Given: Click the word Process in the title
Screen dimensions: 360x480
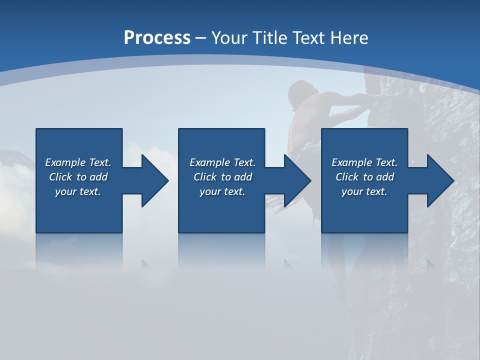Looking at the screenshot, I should [x=157, y=38].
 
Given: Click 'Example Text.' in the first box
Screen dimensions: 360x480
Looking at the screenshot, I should [x=78, y=162].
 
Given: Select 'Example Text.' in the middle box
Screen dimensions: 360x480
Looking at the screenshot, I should [x=222, y=162].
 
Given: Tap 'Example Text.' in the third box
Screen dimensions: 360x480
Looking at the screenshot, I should [x=364, y=162].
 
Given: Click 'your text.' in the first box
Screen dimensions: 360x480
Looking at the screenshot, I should [x=78, y=191].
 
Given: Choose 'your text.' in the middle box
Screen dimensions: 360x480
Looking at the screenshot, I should [x=222, y=191].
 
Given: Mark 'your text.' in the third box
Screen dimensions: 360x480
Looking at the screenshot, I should [x=364, y=191].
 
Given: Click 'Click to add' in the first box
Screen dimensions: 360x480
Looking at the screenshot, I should [x=78, y=177].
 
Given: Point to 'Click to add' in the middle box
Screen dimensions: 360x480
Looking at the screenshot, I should [x=222, y=177].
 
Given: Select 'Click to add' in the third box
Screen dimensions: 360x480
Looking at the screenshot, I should [x=364, y=177].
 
